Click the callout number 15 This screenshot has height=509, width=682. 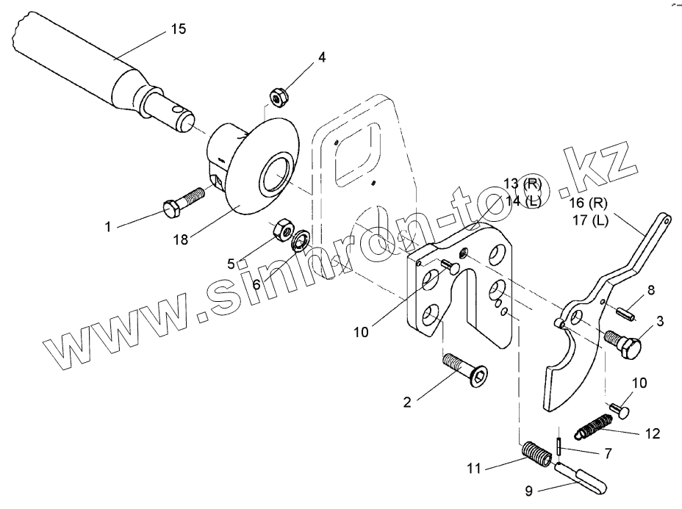pos(179,29)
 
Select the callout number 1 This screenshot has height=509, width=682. pos(108,228)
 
